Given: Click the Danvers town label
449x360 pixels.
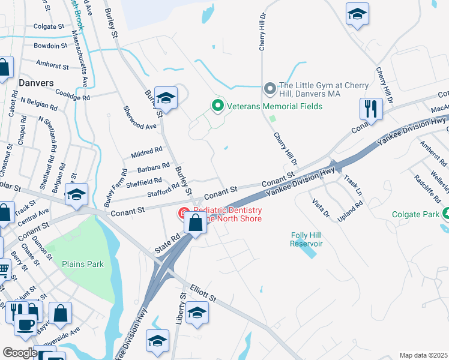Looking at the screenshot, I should point(36,82).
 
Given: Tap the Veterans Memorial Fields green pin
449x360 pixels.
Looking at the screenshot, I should point(217,106).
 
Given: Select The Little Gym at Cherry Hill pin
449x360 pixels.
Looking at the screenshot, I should point(270,89).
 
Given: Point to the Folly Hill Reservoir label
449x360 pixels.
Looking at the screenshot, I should point(306,239).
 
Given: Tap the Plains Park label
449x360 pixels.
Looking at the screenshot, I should point(83,264).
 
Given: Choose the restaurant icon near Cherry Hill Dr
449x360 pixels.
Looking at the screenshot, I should point(371,109).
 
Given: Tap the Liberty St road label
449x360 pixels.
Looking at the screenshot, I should point(179,310).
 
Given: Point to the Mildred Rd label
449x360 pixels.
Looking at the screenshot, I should point(146,152).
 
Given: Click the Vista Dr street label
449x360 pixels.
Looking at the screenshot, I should point(322,208).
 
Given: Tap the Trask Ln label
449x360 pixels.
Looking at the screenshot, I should point(354,185).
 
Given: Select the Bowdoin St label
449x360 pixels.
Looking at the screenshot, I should point(50,46).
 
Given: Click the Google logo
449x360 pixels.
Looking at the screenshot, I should point(19,353).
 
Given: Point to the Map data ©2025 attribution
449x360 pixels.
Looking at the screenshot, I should point(423,355).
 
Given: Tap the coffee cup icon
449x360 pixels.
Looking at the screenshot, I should point(25,325).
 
